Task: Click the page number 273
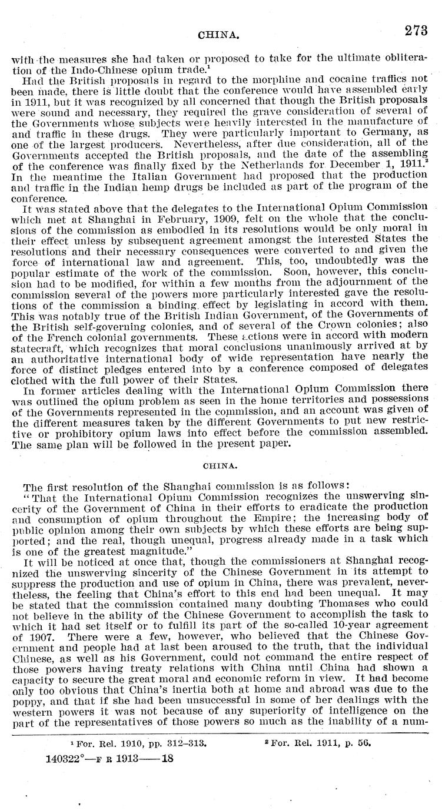coord(416,31)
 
